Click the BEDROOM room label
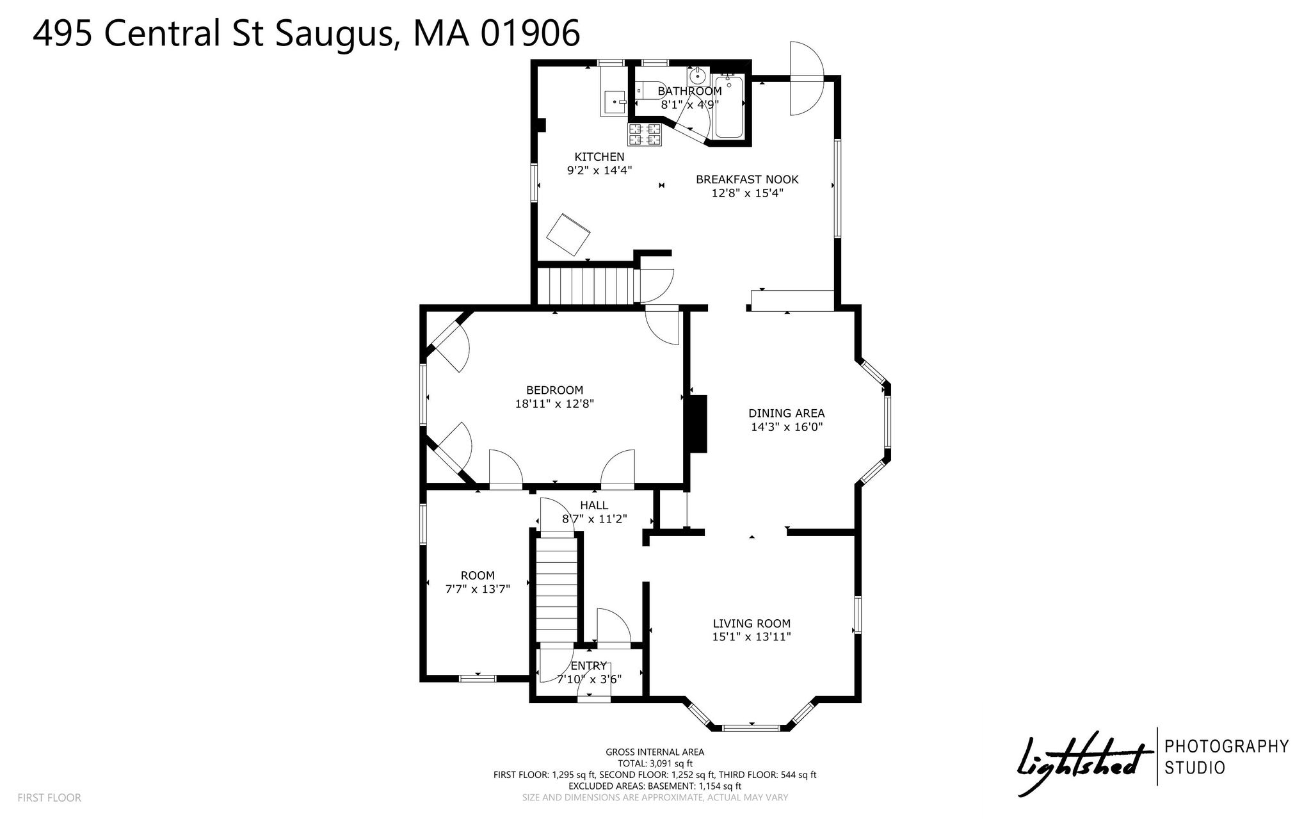coord(554,390)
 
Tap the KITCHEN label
coord(599,157)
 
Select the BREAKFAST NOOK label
coord(747,179)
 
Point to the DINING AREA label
coord(787,413)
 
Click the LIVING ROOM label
coord(752,623)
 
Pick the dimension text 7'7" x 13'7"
coord(478,589)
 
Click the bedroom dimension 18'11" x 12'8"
coord(554,404)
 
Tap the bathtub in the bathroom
coord(729,107)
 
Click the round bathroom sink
coord(697,76)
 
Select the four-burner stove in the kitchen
coord(645,134)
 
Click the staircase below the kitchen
coord(584,286)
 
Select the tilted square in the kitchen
coord(568,235)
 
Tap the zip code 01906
coord(530,33)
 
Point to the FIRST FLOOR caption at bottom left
coord(49,798)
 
